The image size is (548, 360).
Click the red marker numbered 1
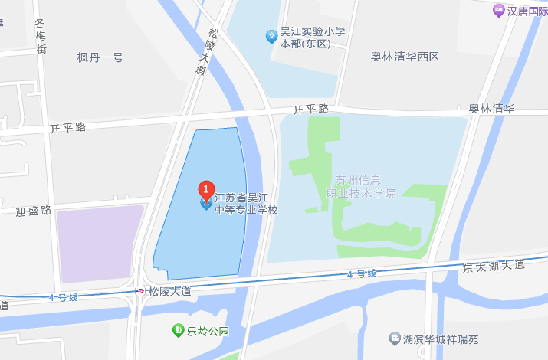pyautogui.click(x=205, y=188)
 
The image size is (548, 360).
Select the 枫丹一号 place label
pyautogui.click(x=100, y=57)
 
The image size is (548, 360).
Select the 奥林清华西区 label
pyautogui.click(x=405, y=57)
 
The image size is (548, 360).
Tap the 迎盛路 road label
pyautogui.click(x=33, y=210)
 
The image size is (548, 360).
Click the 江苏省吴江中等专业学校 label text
pyautogui.click(x=246, y=204)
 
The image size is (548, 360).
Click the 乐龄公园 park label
pyautogui.click(x=208, y=332)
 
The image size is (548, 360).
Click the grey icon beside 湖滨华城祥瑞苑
pyautogui.click(x=394, y=338)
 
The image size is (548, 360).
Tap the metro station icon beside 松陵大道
pyautogui.click(x=140, y=291)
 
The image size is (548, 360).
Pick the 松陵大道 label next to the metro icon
pyautogui.click(x=169, y=291)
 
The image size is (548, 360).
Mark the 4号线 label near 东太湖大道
pyautogui.click(x=362, y=273)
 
